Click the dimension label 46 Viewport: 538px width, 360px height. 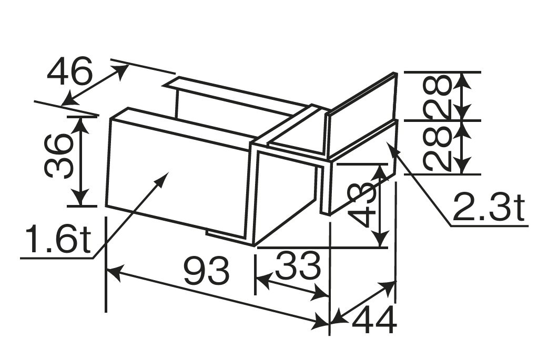click(x=70, y=71)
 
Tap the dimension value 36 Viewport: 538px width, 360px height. click(x=59, y=156)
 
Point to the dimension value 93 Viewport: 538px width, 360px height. click(x=206, y=271)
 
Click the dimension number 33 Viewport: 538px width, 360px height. click(x=298, y=265)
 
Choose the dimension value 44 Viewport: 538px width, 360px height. click(x=374, y=320)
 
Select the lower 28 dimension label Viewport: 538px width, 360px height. click(x=437, y=148)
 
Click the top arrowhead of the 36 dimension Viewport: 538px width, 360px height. click(x=80, y=124)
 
